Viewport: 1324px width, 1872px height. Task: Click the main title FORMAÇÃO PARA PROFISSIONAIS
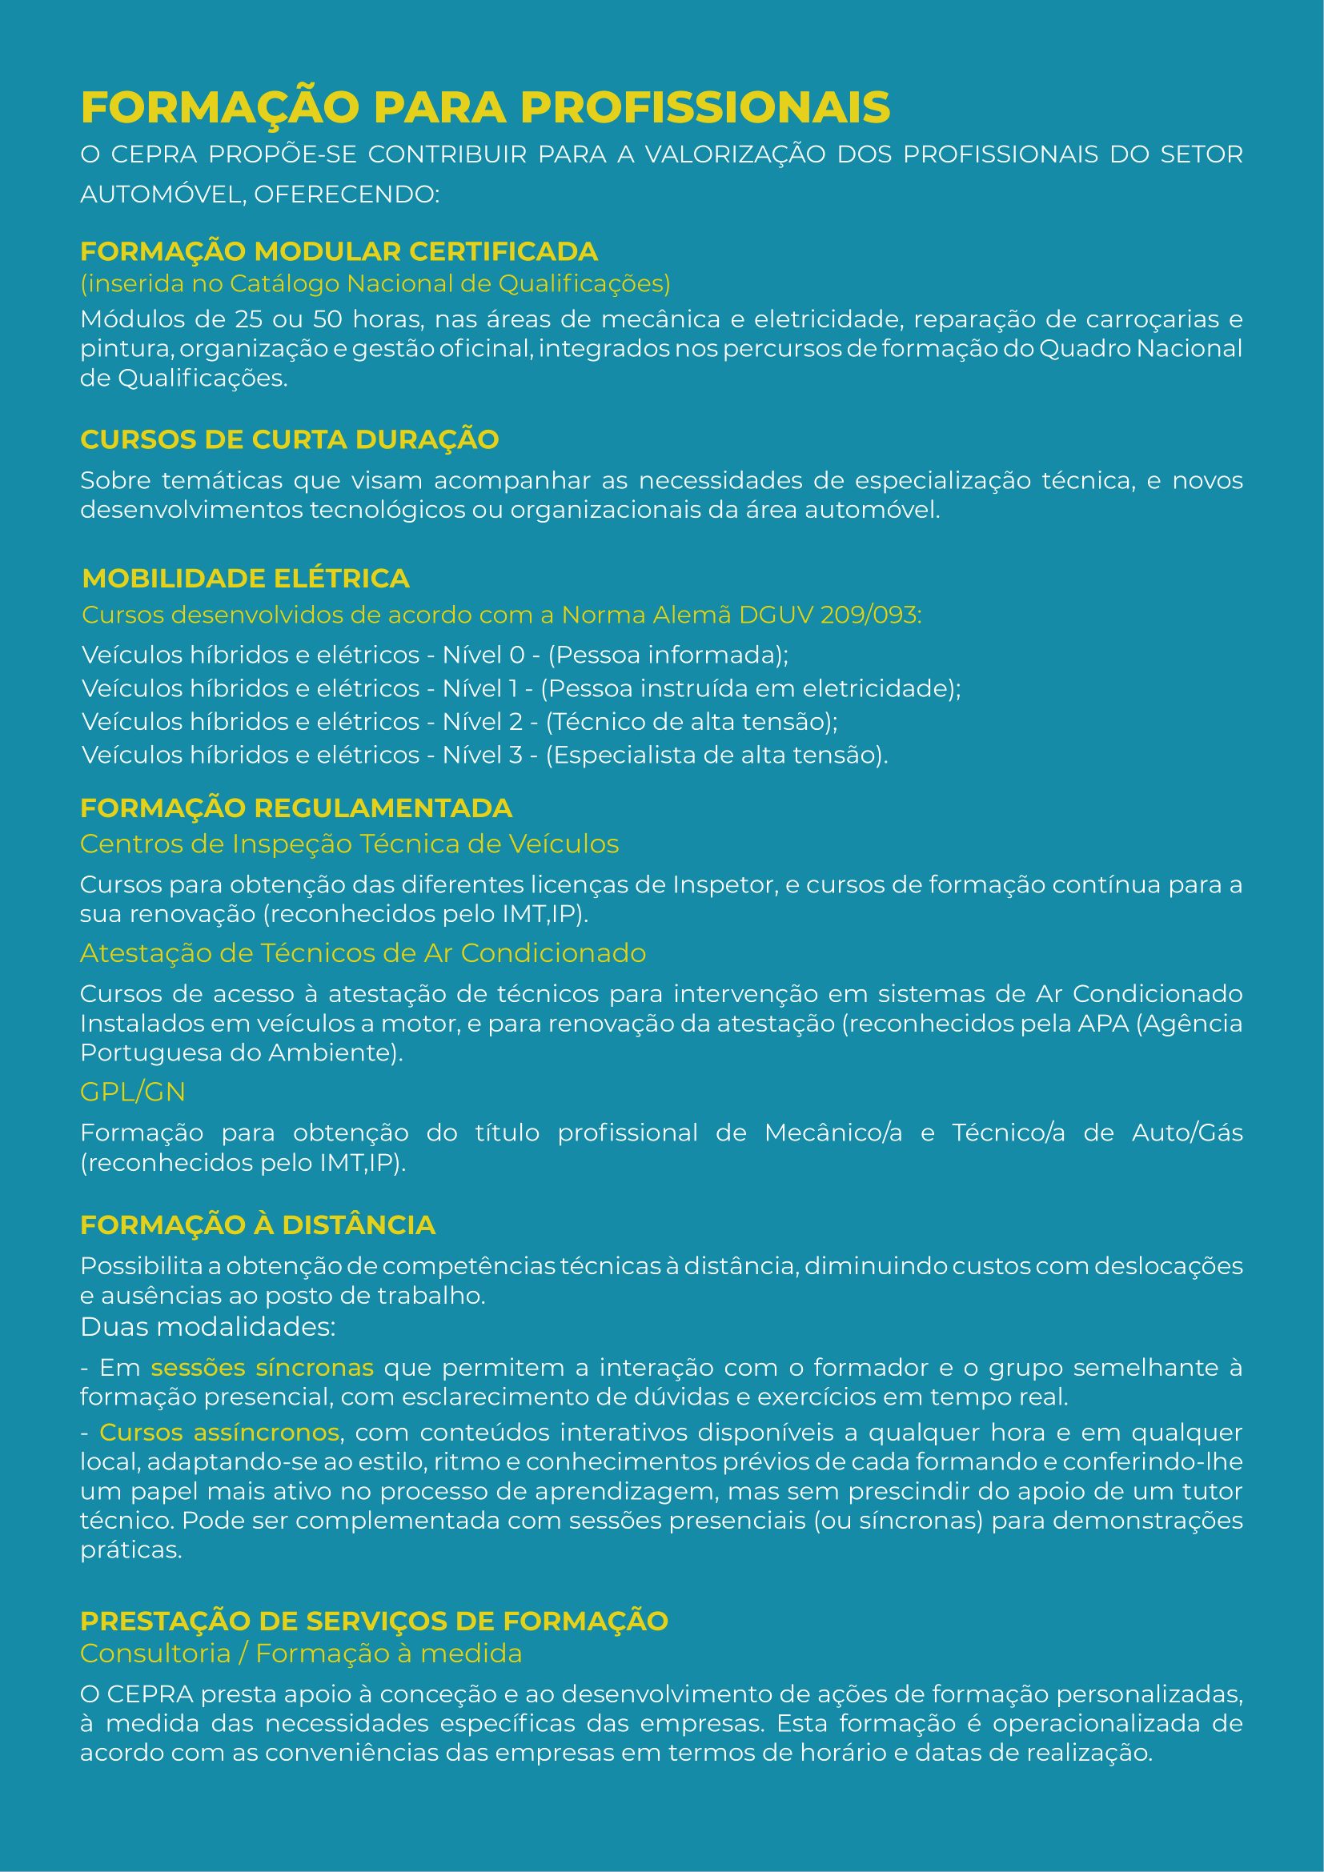coord(485,107)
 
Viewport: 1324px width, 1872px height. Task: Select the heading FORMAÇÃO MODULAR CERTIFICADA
coord(339,251)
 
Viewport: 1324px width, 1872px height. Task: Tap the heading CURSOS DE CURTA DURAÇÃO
coord(290,439)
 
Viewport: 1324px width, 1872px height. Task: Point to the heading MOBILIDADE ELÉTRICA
coord(246,578)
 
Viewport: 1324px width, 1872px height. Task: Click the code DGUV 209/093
coord(829,615)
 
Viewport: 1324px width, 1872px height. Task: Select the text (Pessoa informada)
coord(668,655)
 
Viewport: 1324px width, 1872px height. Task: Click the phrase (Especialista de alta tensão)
coord(716,755)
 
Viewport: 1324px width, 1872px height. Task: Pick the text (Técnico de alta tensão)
coord(692,722)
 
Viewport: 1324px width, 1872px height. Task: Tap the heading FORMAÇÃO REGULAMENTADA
coord(296,808)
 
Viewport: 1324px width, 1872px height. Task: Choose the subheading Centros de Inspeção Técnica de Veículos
coord(349,844)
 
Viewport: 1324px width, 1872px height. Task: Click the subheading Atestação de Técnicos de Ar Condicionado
coord(363,953)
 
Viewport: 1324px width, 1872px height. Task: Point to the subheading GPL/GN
coord(133,1092)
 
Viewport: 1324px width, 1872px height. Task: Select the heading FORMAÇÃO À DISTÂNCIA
coord(258,1225)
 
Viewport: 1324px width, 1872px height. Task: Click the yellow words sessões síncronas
coord(262,1367)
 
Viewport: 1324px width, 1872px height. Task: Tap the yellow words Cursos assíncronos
coord(219,1433)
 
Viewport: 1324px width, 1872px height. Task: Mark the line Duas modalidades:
coord(208,1327)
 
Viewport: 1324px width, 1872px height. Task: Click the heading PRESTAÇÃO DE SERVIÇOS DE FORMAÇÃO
coord(374,1621)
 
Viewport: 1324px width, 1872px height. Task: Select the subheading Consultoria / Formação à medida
coord(301,1654)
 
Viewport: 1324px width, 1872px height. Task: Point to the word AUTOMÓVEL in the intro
coord(162,194)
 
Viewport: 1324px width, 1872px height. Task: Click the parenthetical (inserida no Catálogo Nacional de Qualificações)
coord(375,284)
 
